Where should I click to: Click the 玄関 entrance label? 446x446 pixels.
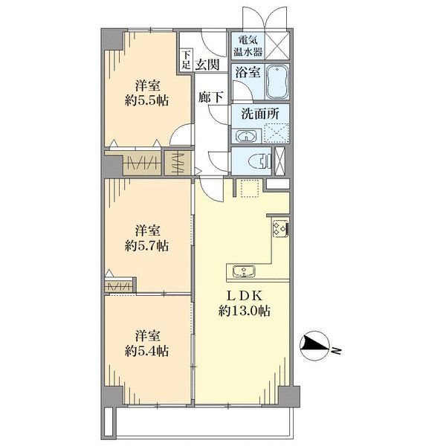tap(207, 65)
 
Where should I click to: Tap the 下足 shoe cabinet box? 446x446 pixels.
tap(185, 59)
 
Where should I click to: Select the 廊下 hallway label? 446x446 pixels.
tap(210, 97)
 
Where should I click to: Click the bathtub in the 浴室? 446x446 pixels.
tap(277, 82)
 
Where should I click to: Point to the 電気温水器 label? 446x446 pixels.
tap(248, 46)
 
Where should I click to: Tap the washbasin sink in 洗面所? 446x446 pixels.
tap(245, 136)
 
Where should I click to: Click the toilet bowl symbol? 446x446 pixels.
tap(260, 161)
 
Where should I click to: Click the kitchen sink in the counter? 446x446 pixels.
tap(244, 271)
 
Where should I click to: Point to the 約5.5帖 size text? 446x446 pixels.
tap(146, 100)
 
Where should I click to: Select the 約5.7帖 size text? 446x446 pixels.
tap(146, 246)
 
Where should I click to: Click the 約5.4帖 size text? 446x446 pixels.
tap(146, 351)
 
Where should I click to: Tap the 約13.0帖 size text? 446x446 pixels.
tap(244, 311)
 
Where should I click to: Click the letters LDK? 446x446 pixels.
tap(244, 297)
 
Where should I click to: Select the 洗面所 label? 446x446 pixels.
tap(260, 114)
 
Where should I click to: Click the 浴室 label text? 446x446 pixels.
tap(248, 73)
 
